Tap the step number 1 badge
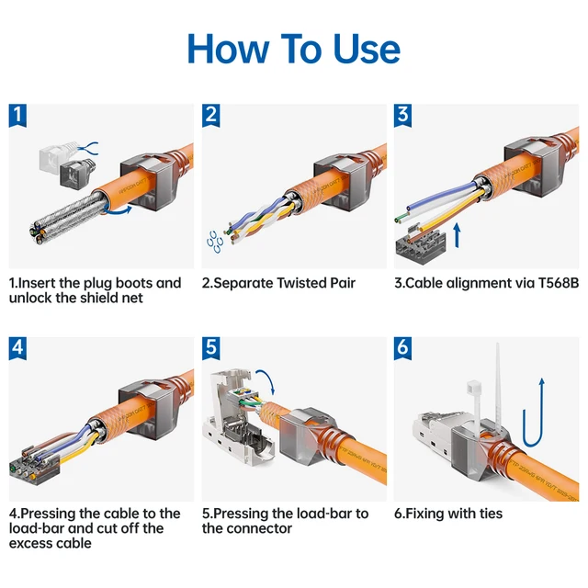pyautogui.click(x=19, y=115)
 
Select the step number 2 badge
pyautogui.click(x=212, y=115)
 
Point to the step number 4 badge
pyautogui.click(x=19, y=348)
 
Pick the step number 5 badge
pyautogui.click(x=212, y=348)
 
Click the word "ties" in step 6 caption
pyautogui.click(x=487, y=514)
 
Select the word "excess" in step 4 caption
pyautogui.click(x=34, y=543)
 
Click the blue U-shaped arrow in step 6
pyautogui.click(x=534, y=409)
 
